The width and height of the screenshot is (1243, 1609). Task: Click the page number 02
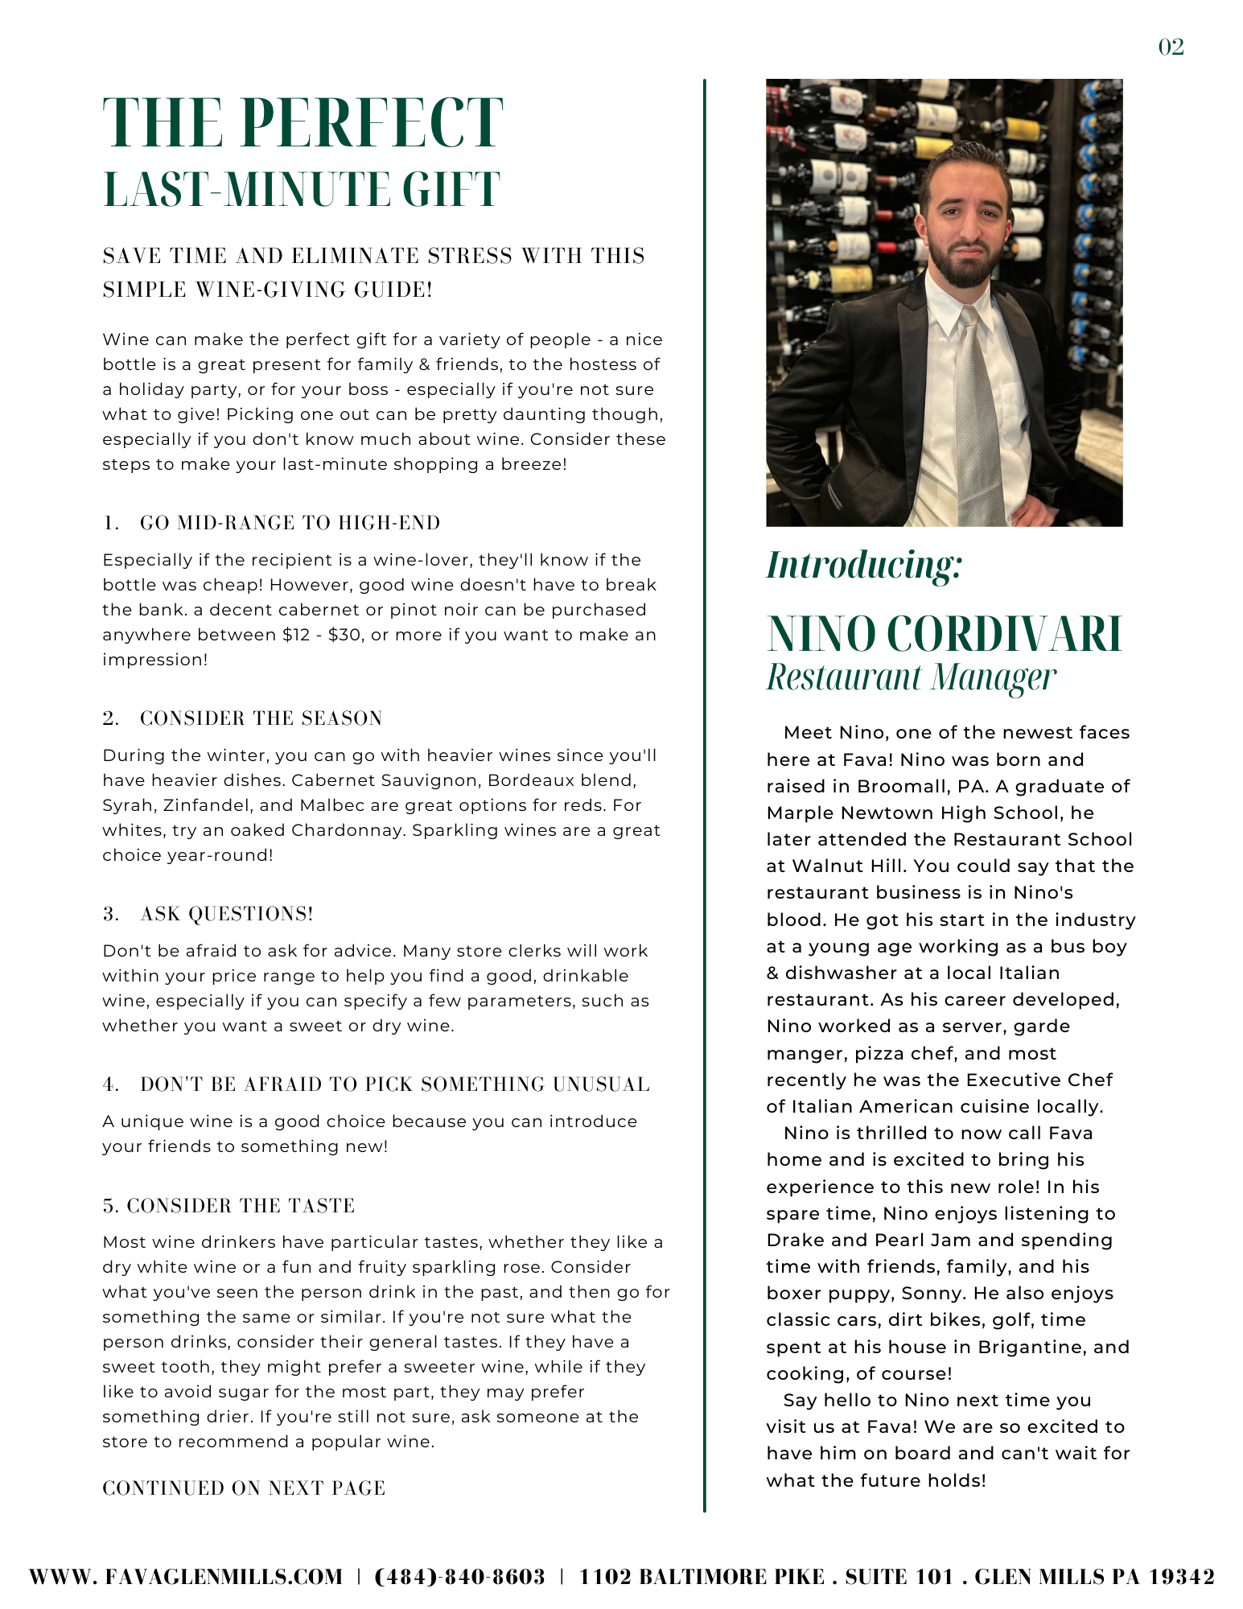click(1171, 47)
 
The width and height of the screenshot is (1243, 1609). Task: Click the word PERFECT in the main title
click(372, 123)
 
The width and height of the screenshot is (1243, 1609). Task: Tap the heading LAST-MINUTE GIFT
click(302, 190)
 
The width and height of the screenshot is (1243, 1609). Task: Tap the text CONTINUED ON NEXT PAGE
click(244, 1488)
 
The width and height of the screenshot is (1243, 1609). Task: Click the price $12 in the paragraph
click(296, 635)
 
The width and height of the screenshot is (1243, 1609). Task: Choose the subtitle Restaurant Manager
click(911, 677)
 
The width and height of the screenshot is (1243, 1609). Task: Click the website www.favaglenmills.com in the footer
click(186, 1577)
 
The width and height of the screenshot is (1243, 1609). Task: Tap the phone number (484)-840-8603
click(460, 1577)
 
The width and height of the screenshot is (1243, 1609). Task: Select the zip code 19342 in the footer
click(1181, 1577)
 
